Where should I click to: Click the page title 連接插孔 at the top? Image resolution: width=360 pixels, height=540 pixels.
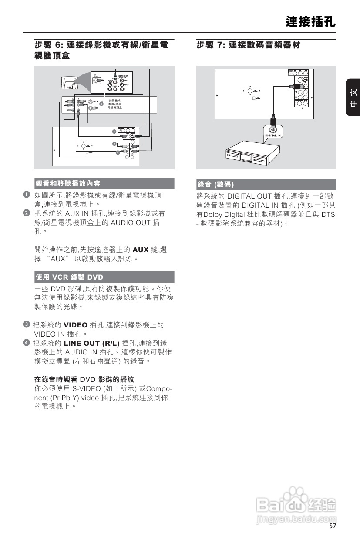click(311, 22)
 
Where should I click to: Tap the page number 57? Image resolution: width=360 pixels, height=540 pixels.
click(333, 526)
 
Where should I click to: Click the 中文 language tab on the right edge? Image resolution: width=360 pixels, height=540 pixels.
click(353, 98)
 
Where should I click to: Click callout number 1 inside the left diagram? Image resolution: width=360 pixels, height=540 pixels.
click(101, 104)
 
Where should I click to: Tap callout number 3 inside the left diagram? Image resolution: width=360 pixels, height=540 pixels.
click(114, 131)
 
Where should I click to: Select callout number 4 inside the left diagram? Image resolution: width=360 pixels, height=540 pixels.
click(118, 152)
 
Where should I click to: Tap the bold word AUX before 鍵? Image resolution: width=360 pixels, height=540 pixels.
click(141, 250)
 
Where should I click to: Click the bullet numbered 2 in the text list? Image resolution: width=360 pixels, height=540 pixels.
click(27, 213)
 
